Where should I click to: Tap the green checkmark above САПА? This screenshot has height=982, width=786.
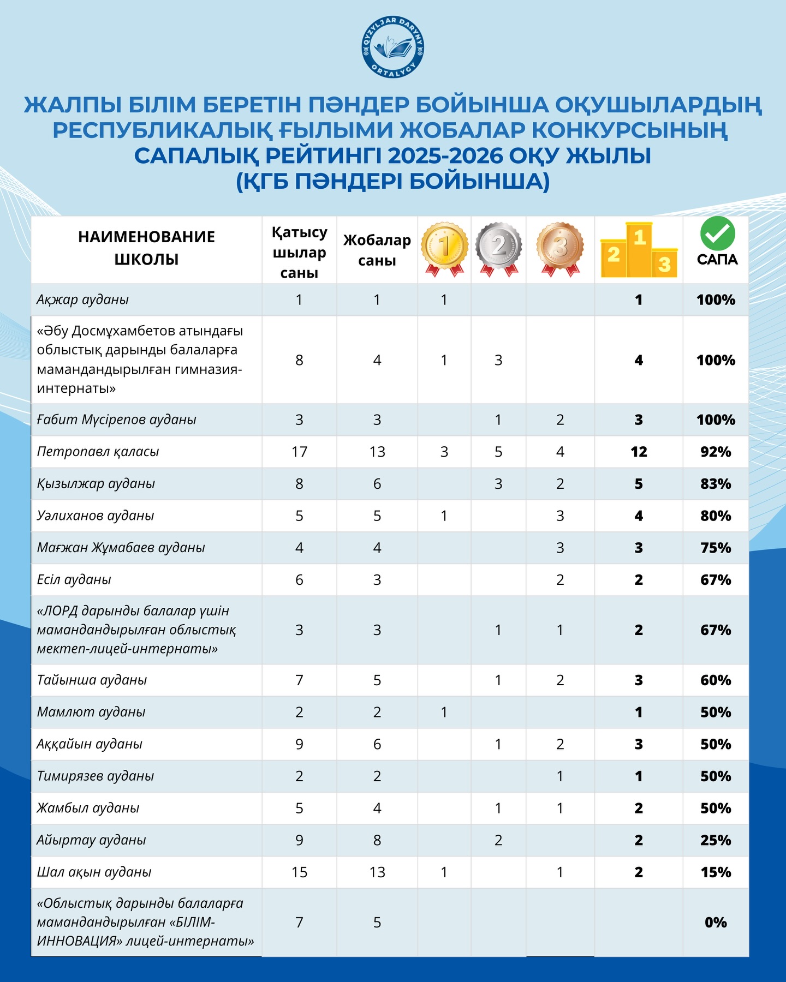[x=717, y=233]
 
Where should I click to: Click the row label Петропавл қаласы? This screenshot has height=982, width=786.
[x=98, y=452]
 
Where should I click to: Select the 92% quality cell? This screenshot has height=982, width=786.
[x=716, y=452]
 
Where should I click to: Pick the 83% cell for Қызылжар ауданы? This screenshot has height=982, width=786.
[x=716, y=484]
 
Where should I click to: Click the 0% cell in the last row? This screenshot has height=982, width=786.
[x=716, y=923]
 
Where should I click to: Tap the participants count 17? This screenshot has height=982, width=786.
[x=299, y=452]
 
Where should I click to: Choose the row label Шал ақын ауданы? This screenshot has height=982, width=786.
[x=94, y=872]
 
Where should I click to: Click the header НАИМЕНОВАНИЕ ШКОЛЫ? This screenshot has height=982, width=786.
[x=146, y=248]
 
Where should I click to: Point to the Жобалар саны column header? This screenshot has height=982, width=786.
[x=377, y=250]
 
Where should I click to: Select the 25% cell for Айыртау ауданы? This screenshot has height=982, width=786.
[x=716, y=840]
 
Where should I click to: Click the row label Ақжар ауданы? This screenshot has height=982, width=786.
[x=83, y=300]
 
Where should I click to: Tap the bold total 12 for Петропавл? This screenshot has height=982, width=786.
[x=639, y=452]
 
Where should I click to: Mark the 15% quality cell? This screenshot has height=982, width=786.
[x=716, y=872]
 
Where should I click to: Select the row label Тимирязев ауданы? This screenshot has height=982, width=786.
[x=96, y=776]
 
